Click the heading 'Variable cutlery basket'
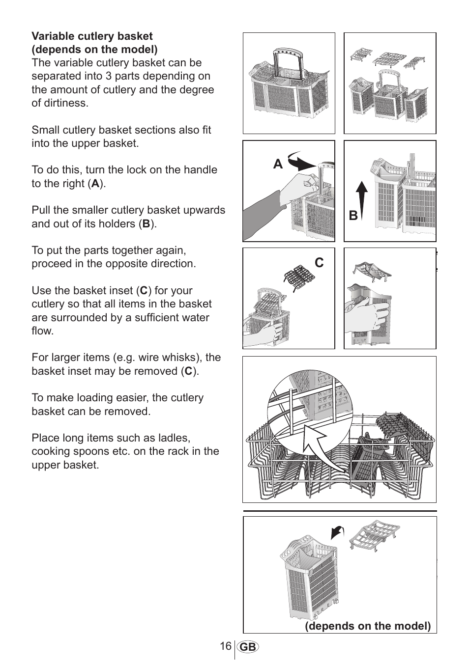[92, 36]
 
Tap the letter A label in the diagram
[278, 165]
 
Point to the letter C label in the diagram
[320, 263]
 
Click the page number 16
[226, 646]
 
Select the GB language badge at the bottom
[248, 647]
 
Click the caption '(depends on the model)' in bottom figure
[368, 626]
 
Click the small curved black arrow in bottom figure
[338, 532]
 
